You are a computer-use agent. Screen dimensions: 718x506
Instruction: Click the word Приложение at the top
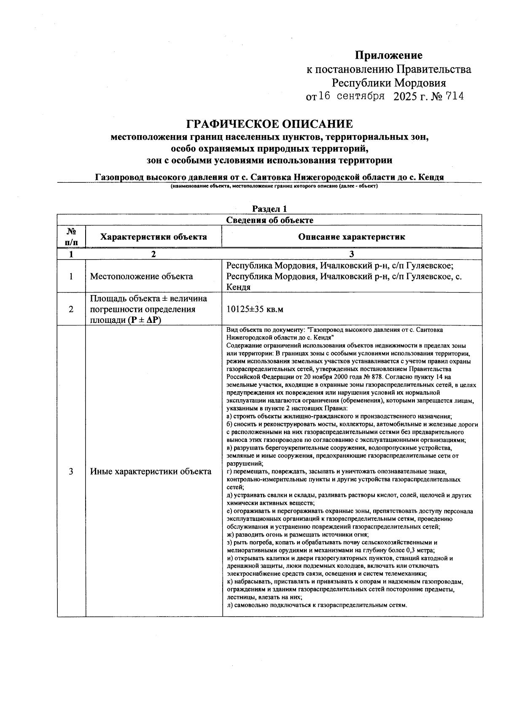pyautogui.click(x=388, y=55)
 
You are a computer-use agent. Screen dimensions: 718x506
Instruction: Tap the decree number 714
pyautogui.click(x=455, y=97)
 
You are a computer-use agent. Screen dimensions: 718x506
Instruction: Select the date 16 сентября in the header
pyautogui.click(x=351, y=96)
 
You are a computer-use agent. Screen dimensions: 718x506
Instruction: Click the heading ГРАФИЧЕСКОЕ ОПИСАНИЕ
pyautogui.click(x=269, y=124)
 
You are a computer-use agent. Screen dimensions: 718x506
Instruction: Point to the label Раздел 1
pyautogui.click(x=269, y=209)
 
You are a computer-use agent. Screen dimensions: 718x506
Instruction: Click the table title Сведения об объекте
pyautogui.click(x=269, y=220)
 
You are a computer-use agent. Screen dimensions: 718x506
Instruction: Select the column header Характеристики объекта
pyautogui.click(x=153, y=237)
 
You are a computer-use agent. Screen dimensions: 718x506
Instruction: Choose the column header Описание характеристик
pyautogui.click(x=352, y=237)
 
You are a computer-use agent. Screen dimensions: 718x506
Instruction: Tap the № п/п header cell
pyautogui.click(x=71, y=237)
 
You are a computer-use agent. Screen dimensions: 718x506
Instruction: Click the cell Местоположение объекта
pyautogui.click(x=142, y=276)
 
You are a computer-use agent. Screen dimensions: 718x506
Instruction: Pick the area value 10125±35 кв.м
pyautogui.click(x=255, y=309)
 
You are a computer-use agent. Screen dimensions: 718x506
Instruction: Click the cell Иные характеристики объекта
pyautogui.click(x=151, y=471)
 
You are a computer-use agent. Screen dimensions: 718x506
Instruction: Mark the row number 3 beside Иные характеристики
pyautogui.click(x=71, y=471)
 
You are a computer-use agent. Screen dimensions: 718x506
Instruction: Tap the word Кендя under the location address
pyautogui.click(x=239, y=287)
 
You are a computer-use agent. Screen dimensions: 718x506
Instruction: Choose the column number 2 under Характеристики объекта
pyautogui.click(x=153, y=255)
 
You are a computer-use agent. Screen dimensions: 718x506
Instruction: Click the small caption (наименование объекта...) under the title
pyautogui.click(x=274, y=187)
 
